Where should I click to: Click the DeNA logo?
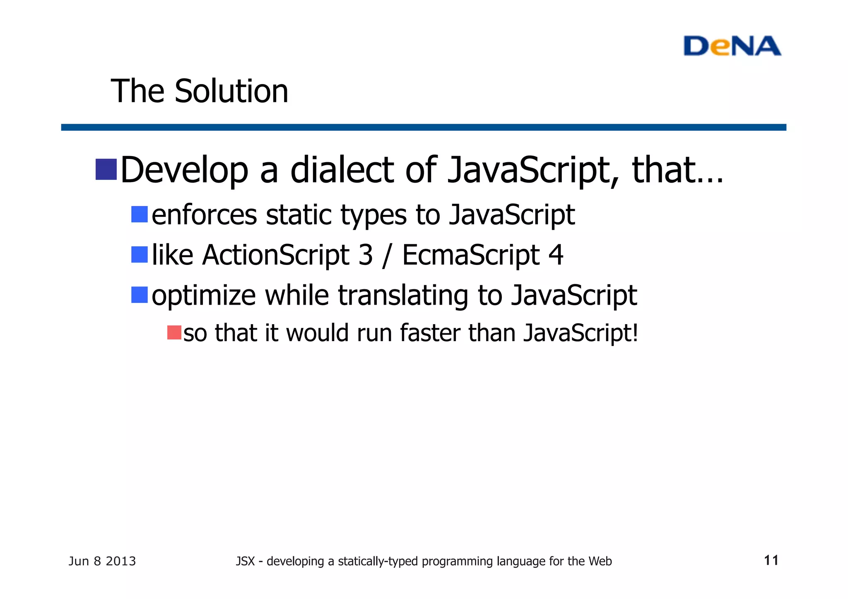click(x=732, y=46)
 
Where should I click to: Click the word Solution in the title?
click(x=231, y=91)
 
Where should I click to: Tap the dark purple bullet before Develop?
click(x=106, y=169)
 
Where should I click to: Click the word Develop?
click(x=184, y=171)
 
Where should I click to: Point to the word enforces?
click(x=204, y=215)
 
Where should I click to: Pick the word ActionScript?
click(x=276, y=255)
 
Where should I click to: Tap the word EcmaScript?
click(x=471, y=255)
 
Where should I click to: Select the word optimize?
click(x=203, y=296)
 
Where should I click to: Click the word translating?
click(x=403, y=296)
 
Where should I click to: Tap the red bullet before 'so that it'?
click(x=174, y=333)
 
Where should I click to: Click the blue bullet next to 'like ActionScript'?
click(x=140, y=255)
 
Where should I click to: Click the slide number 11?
click(x=771, y=561)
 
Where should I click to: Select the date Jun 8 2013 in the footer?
click(x=102, y=561)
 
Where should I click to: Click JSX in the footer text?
click(x=245, y=561)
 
